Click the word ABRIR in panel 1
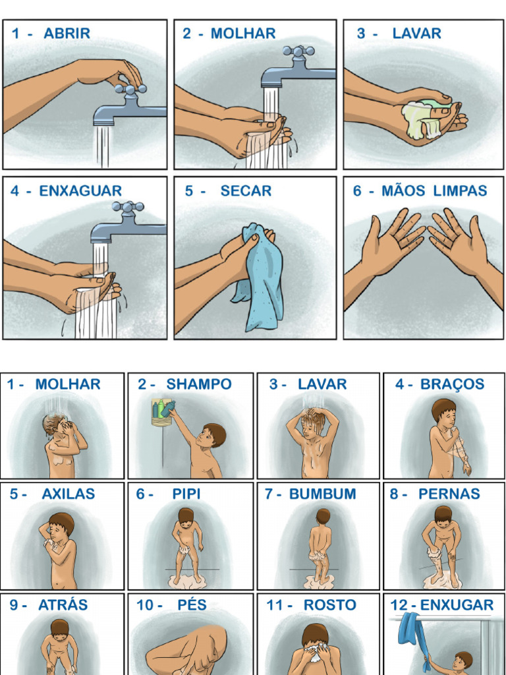67,34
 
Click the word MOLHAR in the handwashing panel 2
242,34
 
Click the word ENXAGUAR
80,191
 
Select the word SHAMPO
198,384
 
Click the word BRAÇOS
453,384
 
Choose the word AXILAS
68,494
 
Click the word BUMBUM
322,494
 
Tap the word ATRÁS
63,604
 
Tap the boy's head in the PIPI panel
186,515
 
